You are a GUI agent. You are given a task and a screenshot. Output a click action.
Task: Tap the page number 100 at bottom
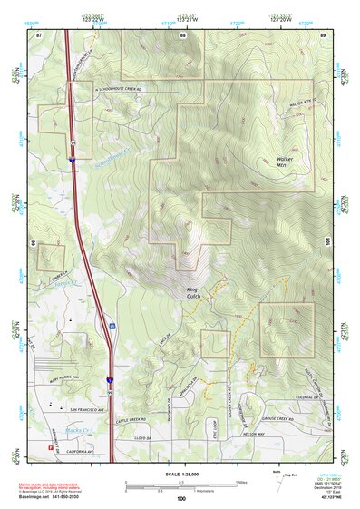(181, 498)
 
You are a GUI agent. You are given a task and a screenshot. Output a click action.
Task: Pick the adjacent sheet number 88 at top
(182, 35)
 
